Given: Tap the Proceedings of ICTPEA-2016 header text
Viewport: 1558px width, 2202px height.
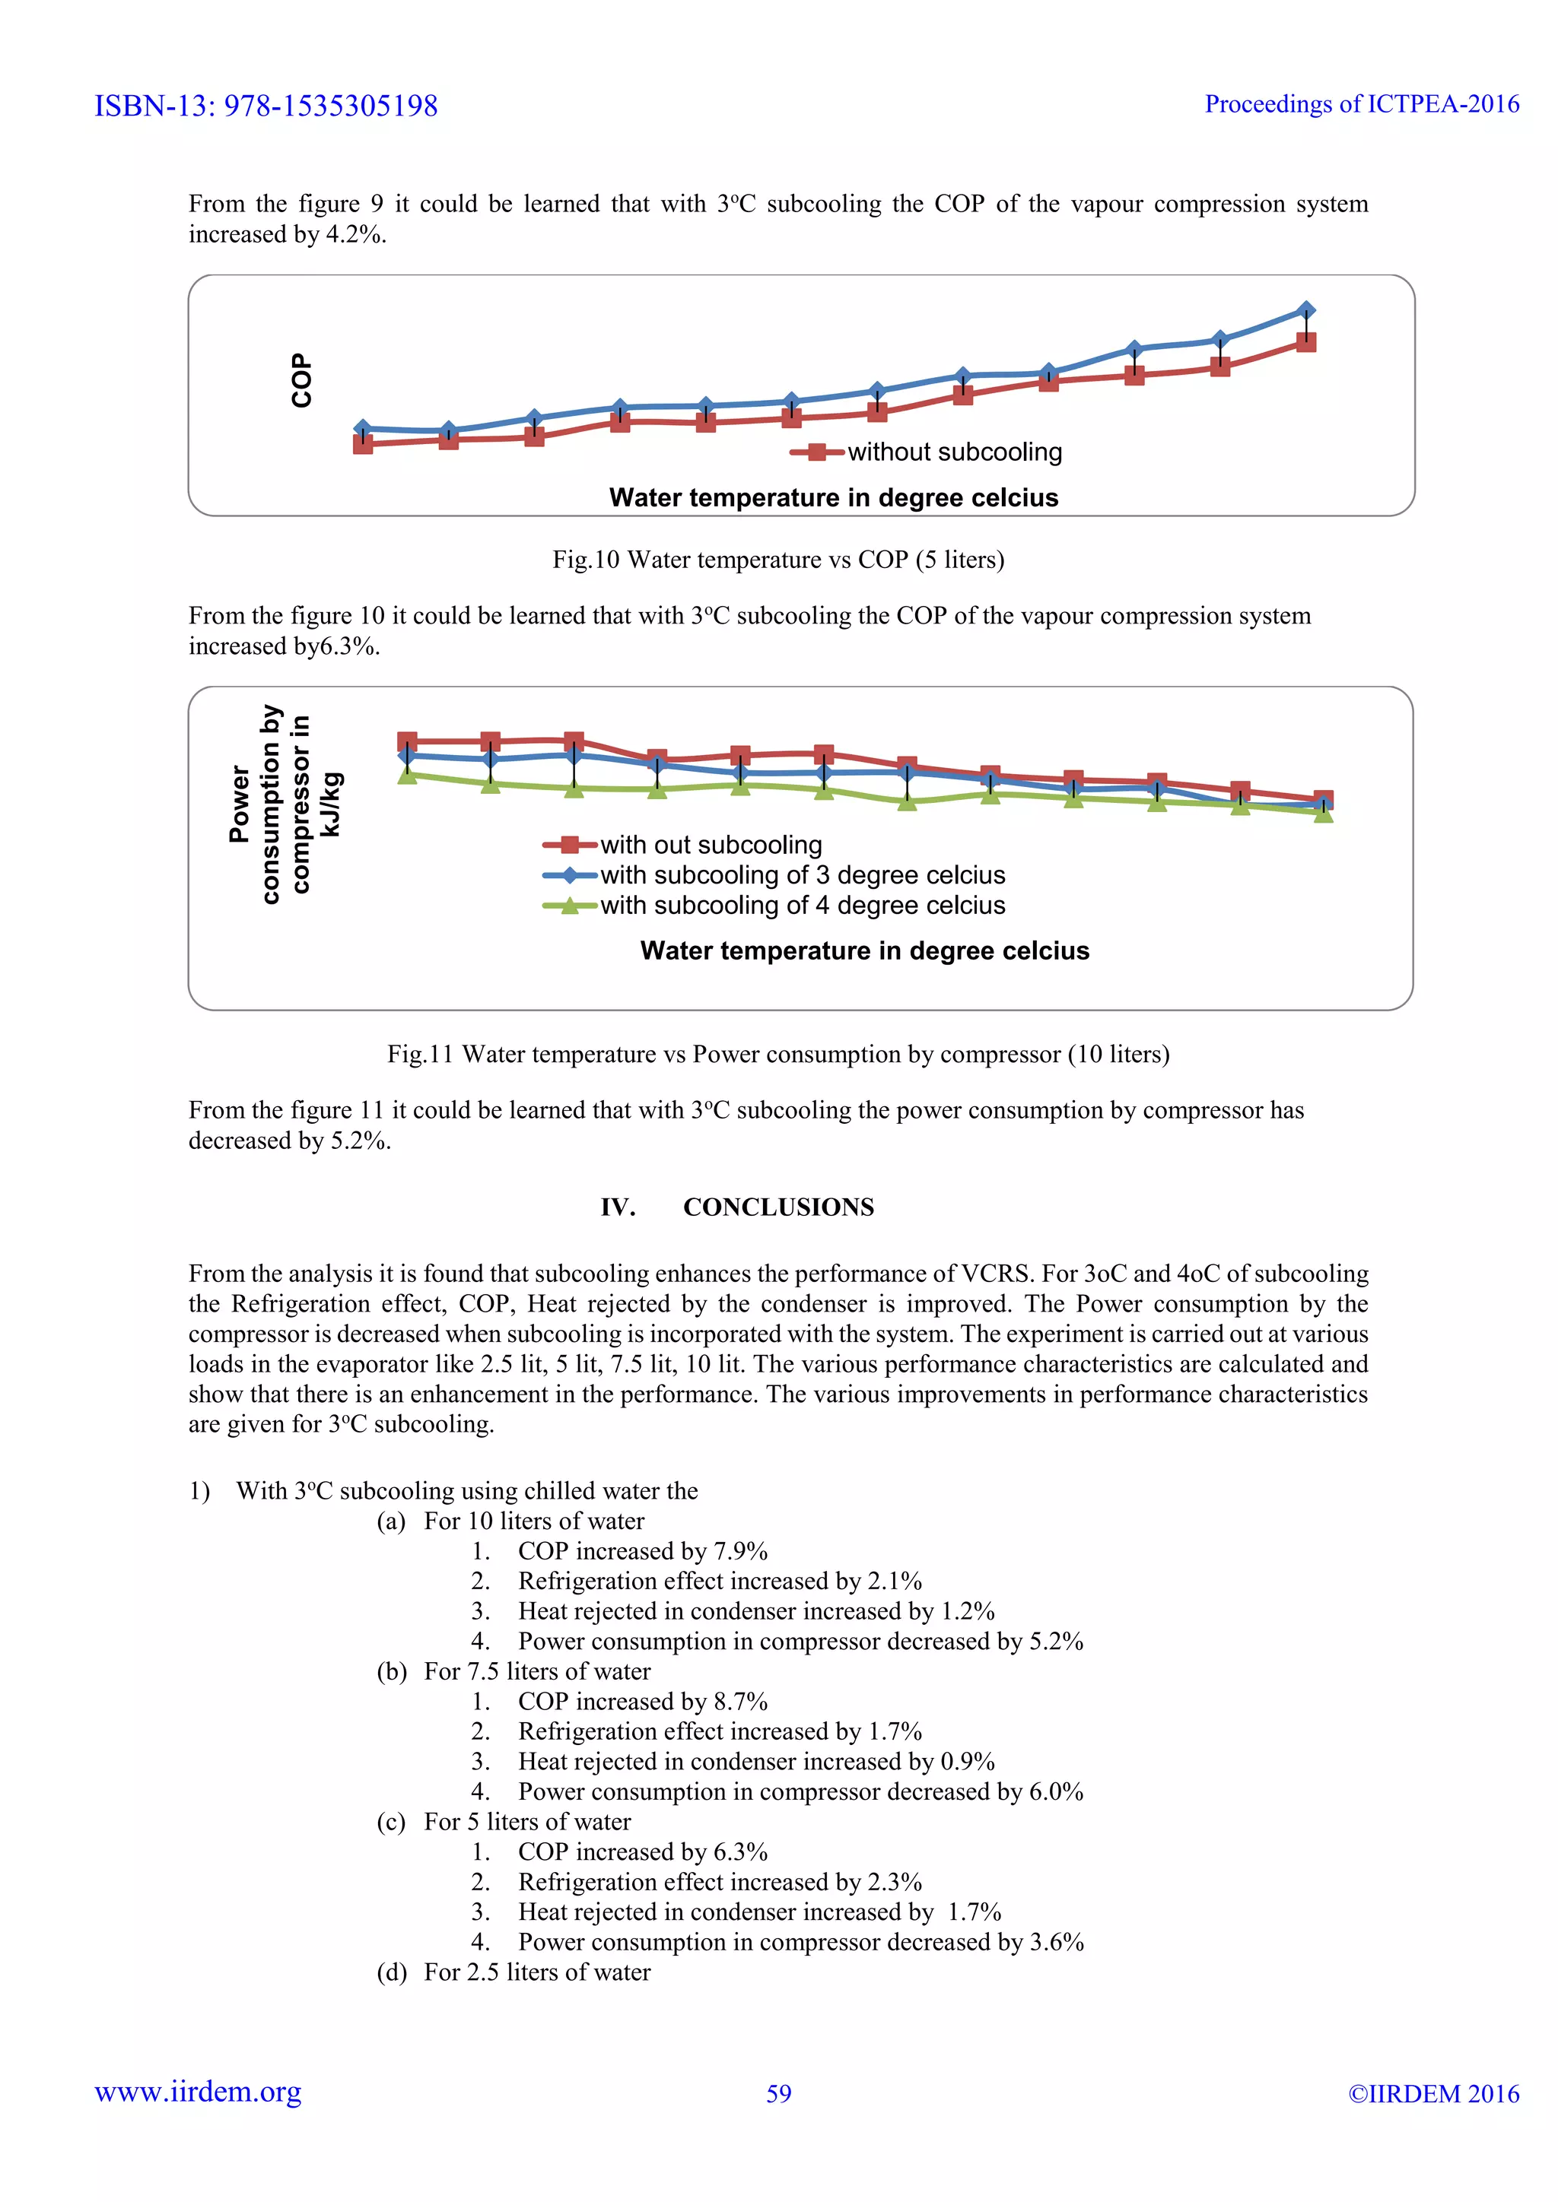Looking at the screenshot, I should pyautogui.click(x=1361, y=103).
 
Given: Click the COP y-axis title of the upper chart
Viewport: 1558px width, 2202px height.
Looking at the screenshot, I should pyautogui.click(x=301, y=381).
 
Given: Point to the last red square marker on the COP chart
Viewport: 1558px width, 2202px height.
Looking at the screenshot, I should pyautogui.click(x=1305, y=342).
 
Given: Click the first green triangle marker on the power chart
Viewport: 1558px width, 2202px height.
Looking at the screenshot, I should pyautogui.click(x=408, y=775).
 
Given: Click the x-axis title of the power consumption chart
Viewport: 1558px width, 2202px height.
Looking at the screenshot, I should pyautogui.click(x=864, y=950).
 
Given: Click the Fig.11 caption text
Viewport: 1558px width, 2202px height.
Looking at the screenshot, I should pyautogui.click(x=778, y=1054).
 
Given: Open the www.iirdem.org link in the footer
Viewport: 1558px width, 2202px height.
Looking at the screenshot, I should pyautogui.click(x=198, y=2092).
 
